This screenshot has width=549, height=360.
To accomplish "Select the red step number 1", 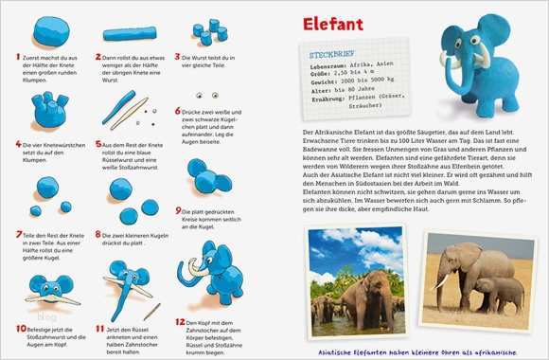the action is (x=19, y=57).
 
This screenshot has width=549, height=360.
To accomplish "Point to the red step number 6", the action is (x=178, y=110).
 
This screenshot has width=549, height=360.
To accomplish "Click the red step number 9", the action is (x=178, y=210).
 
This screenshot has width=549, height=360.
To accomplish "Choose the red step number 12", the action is (x=180, y=322).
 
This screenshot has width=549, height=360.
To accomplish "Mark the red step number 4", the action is (x=19, y=145).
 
